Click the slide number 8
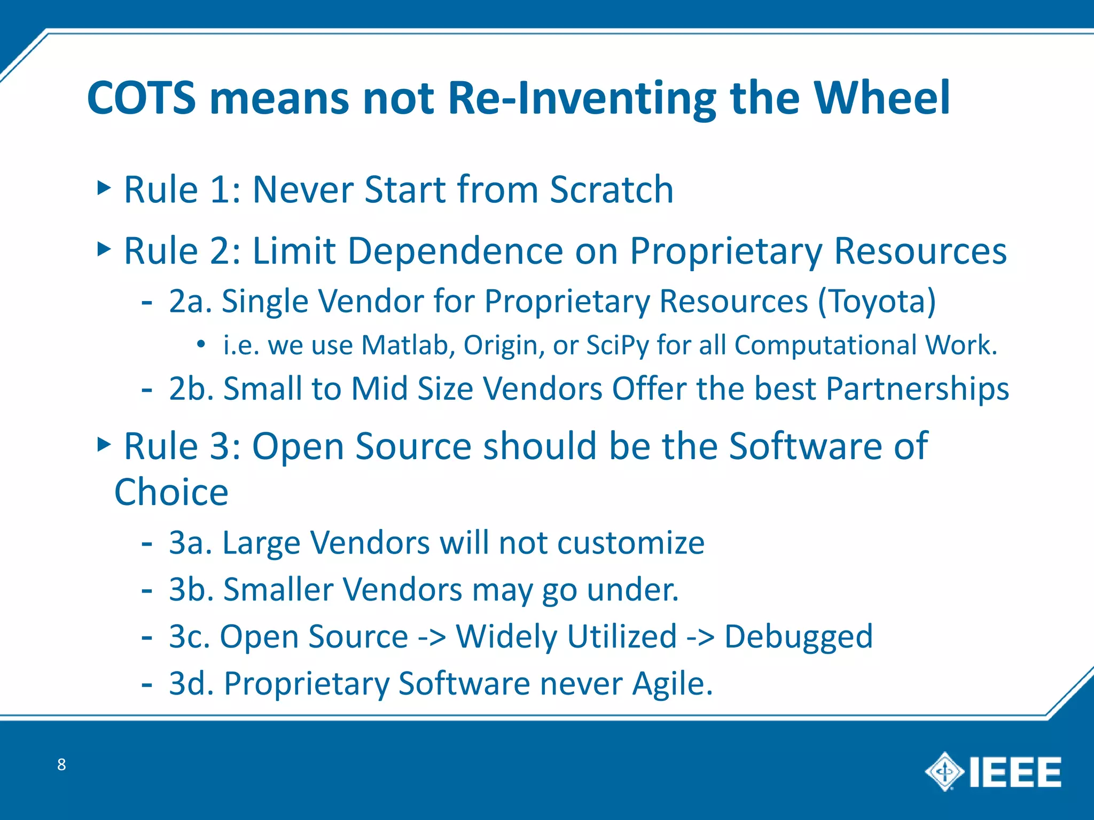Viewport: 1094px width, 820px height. [61, 764]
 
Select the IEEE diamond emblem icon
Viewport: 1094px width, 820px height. [944, 771]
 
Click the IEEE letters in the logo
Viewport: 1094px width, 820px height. [1015, 772]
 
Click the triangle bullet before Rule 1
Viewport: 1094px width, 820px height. [104, 187]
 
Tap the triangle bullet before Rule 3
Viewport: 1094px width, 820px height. [104, 444]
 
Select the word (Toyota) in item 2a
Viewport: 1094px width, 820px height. [877, 301]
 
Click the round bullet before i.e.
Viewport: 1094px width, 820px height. [200, 344]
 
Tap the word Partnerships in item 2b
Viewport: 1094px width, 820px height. [917, 389]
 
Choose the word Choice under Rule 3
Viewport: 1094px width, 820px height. [171, 492]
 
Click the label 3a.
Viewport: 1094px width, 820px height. [190, 543]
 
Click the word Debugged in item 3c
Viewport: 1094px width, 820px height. [798, 637]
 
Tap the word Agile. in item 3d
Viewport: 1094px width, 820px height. [673, 683]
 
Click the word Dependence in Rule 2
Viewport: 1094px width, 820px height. [456, 251]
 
